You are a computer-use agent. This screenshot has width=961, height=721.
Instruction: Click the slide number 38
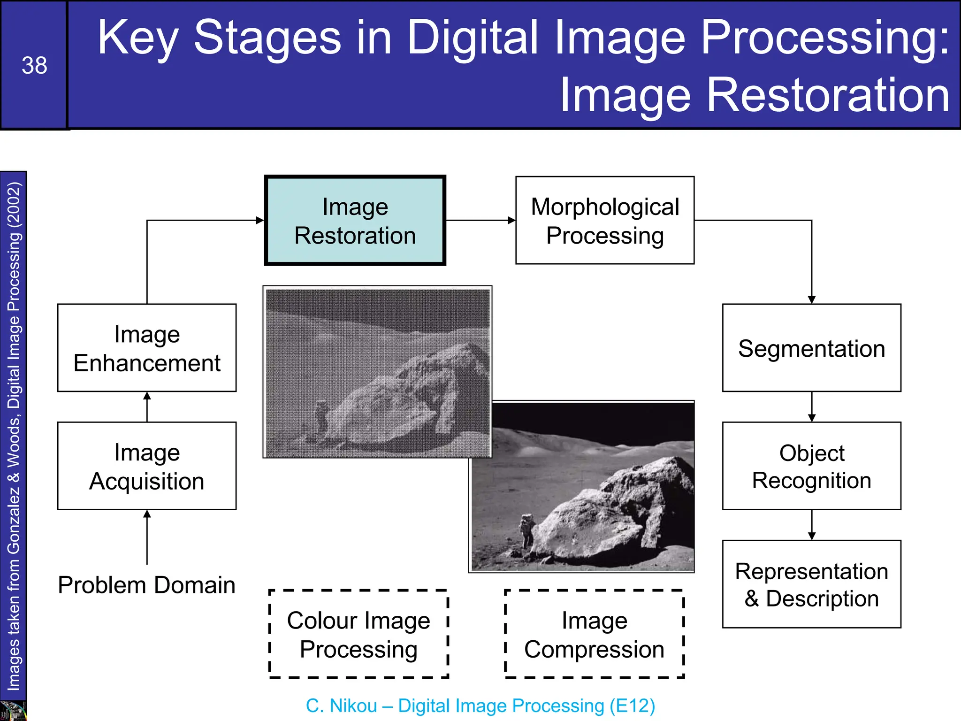coord(34,65)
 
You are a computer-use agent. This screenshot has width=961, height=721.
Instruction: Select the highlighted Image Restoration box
coord(355,221)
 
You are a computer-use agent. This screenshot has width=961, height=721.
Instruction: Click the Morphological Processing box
coord(604,221)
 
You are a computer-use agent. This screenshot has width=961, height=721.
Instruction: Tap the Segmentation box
coord(811,348)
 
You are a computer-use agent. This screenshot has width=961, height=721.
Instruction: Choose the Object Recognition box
coord(811,466)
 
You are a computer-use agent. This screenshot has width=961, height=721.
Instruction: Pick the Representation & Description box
coord(811,584)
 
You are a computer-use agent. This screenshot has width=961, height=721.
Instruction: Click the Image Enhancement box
coord(147,348)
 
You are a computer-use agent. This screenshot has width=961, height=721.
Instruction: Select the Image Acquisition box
coord(147,466)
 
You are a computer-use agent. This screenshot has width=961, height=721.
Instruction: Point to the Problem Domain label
coord(147,585)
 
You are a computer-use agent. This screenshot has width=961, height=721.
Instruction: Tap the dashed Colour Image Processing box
coord(358,634)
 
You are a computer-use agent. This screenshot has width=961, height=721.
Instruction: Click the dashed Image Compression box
coord(594,634)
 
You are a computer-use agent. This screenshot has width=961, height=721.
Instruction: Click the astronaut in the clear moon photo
coord(527,529)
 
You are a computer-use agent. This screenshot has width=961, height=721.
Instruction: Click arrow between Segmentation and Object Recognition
coord(812,407)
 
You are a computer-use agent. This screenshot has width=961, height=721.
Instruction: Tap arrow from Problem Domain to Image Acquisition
coord(147,537)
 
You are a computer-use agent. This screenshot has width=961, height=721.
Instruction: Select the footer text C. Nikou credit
coord(480,706)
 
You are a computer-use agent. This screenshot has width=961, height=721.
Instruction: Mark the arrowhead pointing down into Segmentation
coord(812,299)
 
